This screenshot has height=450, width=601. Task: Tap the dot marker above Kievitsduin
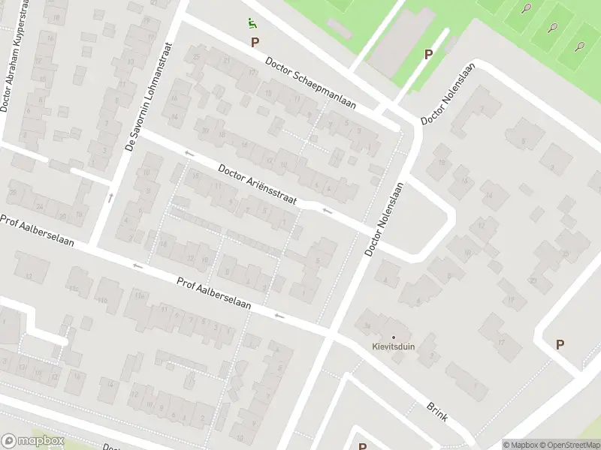392,337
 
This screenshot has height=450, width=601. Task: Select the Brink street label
436,410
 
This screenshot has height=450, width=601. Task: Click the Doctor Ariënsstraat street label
257,184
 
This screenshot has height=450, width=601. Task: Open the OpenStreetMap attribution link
570,444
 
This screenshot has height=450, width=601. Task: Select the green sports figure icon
250,23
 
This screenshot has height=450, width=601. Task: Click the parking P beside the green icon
255,43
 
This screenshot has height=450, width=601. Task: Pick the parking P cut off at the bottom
362,446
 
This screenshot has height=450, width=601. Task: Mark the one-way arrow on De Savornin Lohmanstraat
110,198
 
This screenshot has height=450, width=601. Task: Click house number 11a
140,296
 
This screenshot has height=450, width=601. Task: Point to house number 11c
74,288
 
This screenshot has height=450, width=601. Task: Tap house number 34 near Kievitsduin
367,325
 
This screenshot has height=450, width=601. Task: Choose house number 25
197,57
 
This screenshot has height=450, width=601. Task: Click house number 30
204,130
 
